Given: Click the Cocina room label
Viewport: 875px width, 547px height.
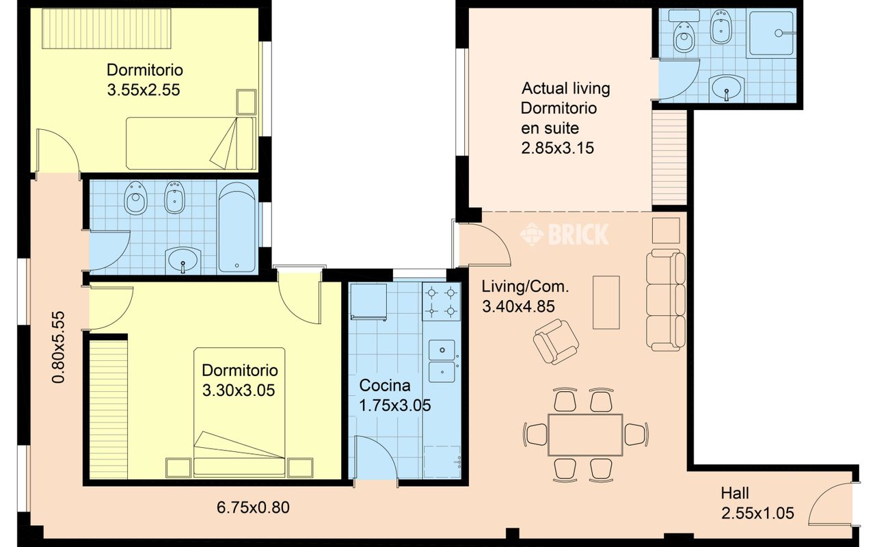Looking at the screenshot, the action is (385, 386).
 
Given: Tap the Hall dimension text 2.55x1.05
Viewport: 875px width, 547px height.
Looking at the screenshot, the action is (757, 513).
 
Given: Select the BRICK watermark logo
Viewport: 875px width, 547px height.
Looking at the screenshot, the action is (564, 234).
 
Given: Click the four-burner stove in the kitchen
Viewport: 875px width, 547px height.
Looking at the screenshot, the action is (442, 302).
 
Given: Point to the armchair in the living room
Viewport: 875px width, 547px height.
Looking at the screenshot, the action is (556, 341).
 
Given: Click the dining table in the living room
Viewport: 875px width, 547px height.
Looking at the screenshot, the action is (585, 435).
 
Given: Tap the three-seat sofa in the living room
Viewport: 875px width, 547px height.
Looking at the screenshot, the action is (666, 300).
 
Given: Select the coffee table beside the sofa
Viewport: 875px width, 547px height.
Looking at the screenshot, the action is (606, 303).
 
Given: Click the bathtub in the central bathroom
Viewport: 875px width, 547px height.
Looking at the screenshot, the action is (237, 227).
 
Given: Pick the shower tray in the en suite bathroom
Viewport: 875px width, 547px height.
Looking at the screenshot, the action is (771, 34).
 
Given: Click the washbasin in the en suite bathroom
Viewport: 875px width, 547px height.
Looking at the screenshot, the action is (727, 88).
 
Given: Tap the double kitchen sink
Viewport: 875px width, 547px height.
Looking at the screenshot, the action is (442, 361).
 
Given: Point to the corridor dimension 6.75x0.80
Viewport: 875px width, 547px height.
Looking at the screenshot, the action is (253, 507).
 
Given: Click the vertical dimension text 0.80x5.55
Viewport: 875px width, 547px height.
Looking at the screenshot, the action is (58, 347).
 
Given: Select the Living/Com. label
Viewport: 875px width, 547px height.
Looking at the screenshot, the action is (525, 286).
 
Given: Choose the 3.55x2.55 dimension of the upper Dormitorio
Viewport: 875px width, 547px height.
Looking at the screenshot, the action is (144, 90).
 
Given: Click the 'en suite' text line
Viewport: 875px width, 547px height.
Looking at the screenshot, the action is (550, 128).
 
